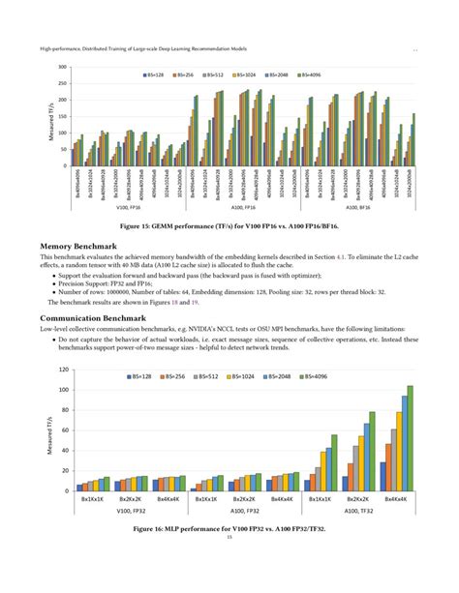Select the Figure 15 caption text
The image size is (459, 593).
(x=229, y=225)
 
